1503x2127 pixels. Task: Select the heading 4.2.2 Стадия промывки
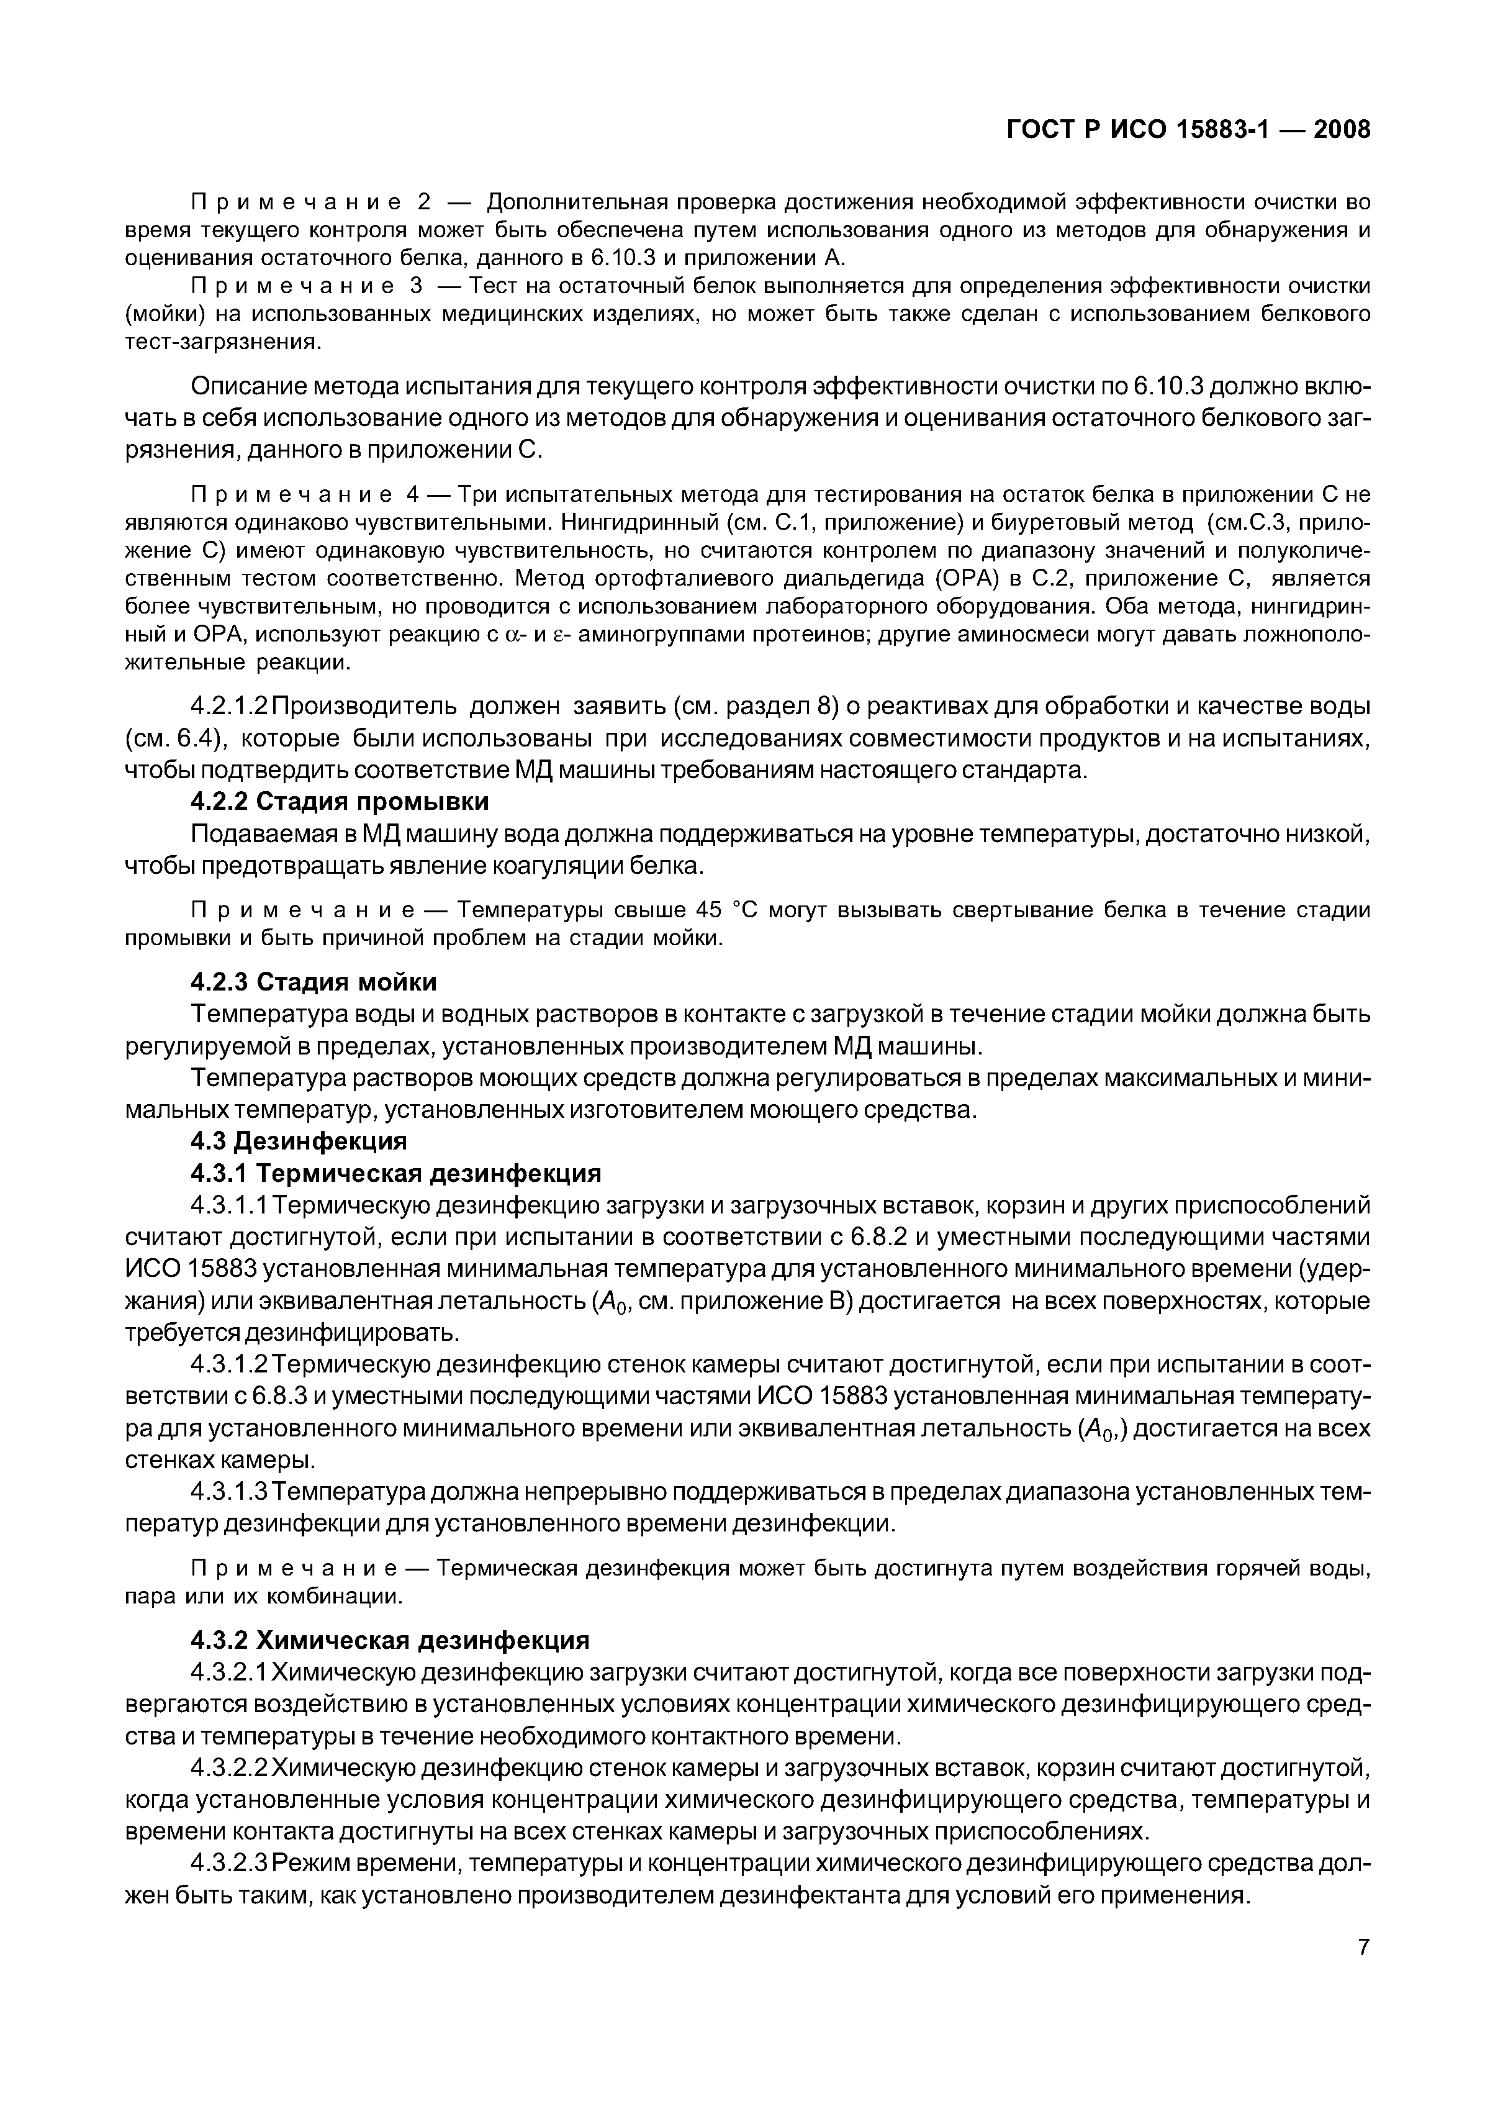[340, 800]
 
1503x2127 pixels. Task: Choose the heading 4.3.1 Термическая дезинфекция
[395, 1173]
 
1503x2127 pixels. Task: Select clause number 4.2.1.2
[230, 707]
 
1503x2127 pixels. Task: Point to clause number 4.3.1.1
[230, 1205]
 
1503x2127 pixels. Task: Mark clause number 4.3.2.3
[230, 1863]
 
